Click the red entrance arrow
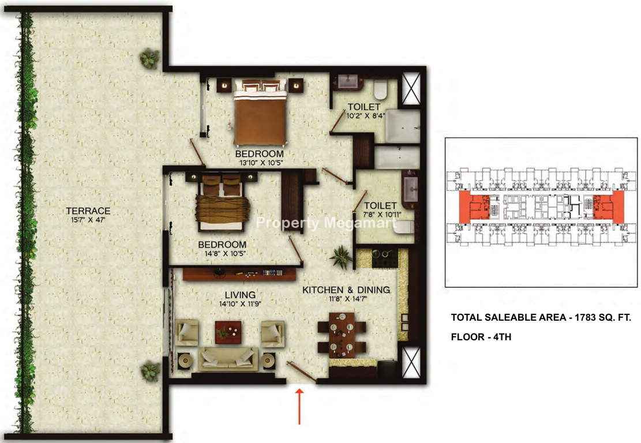click(x=299, y=406)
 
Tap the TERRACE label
click(x=88, y=211)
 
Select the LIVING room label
click(x=240, y=295)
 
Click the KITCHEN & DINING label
click(x=346, y=290)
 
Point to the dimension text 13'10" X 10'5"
click(x=259, y=163)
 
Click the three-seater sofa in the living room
click(x=228, y=359)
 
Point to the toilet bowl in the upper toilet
click(x=380, y=90)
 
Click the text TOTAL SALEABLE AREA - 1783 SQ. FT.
click(x=541, y=317)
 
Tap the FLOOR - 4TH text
click(x=481, y=337)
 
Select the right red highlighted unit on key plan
click(x=609, y=207)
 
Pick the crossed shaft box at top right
click(x=411, y=88)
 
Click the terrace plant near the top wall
click(x=149, y=58)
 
